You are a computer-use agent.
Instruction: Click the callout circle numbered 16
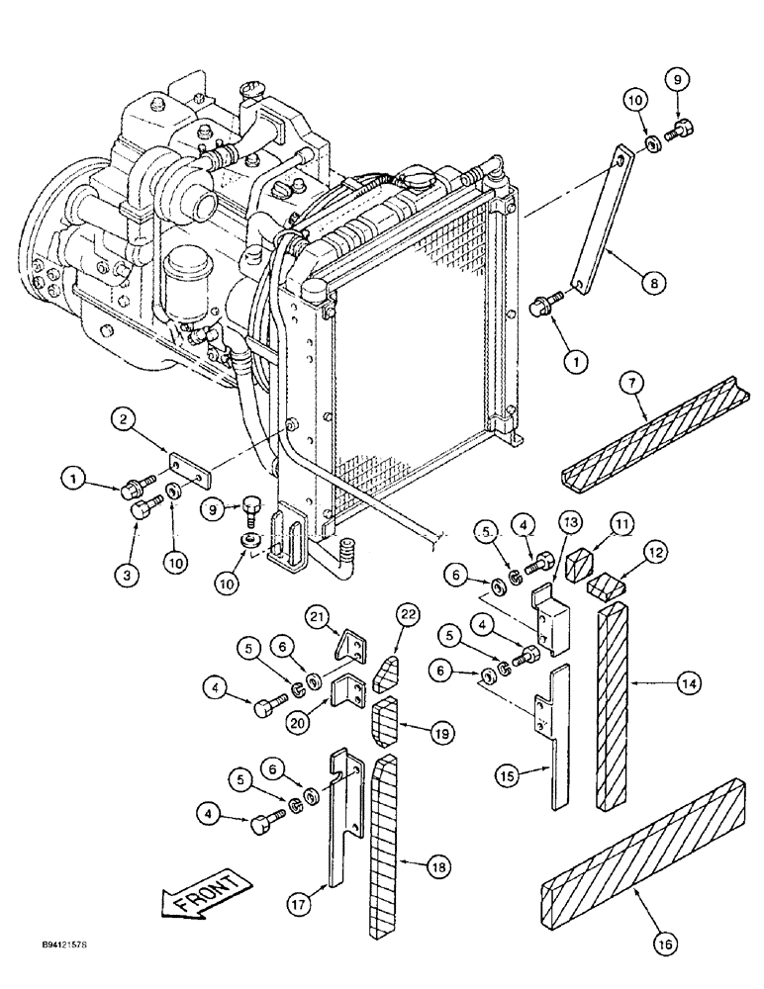coord(663,945)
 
